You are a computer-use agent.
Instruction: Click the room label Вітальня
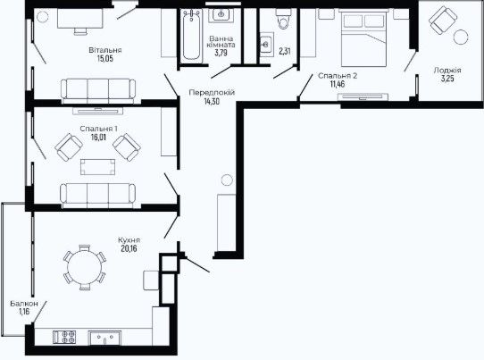coord(105,50)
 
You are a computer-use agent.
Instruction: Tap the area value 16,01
coord(98,137)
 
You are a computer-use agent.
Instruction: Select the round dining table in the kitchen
coord(85,267)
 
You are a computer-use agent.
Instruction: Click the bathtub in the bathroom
coord(191,34)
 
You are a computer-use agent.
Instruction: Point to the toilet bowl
coord(284,19)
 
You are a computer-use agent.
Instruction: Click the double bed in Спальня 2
coord(364,38)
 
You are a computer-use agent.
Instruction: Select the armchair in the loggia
coord(442,21)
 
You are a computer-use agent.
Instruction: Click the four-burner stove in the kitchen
coord(64,337)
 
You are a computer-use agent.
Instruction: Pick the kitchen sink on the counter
coord(104,339)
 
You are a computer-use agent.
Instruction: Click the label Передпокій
coord(212,92)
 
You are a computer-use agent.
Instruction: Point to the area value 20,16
coord(129,248)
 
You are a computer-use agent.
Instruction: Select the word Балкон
coord(24,304)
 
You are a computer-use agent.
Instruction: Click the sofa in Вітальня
coord(98,91)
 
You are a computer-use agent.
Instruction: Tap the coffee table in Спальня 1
coord(98,167)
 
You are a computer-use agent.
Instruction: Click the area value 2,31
coord(285,51)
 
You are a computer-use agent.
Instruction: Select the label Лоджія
coord(447,71)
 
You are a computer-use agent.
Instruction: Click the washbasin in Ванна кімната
coord(221,14)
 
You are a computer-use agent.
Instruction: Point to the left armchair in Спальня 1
coord(69,147)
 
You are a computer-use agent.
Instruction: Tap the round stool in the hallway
coord(227,180)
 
